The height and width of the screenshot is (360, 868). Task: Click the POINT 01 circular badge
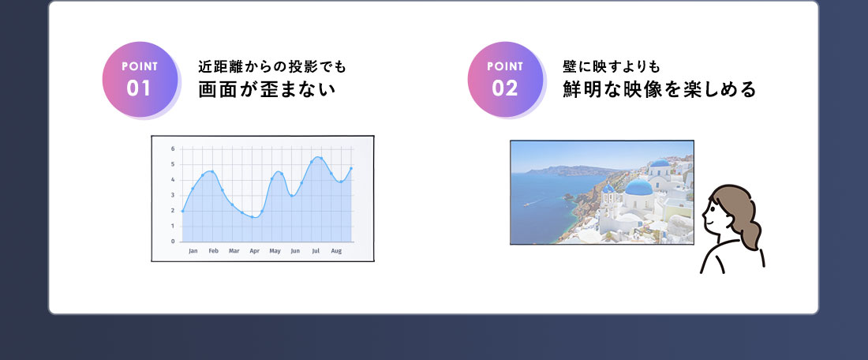(x=140, y=79)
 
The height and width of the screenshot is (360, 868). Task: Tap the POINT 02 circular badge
(x=505, y=79)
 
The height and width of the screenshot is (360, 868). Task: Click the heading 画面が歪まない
(x=268, y=90)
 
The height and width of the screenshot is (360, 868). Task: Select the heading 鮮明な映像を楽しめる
(x=660, y=90)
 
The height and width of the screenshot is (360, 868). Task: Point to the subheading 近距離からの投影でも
(x=271, y=67)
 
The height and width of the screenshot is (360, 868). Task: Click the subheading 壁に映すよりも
(x=612, y=67)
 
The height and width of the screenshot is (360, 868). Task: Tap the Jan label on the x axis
(x=193, y=251)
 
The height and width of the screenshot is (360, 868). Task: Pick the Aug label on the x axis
(x=336, y=251)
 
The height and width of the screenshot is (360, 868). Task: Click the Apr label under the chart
(x=254, y=251)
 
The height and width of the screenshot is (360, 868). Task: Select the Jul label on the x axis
(x=316, y=251)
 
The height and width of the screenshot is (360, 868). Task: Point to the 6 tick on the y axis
(x=173, y=149)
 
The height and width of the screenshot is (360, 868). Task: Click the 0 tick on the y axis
(x=173, y=242)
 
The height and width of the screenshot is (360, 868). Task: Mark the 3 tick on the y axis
(x=173, y=195)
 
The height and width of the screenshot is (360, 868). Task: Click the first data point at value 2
(x=183, y=211)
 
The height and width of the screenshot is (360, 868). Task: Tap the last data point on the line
(x=351, y=168)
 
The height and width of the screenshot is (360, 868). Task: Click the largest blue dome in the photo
(x=639, y=187)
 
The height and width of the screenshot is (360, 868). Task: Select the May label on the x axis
(x=275, y=251)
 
